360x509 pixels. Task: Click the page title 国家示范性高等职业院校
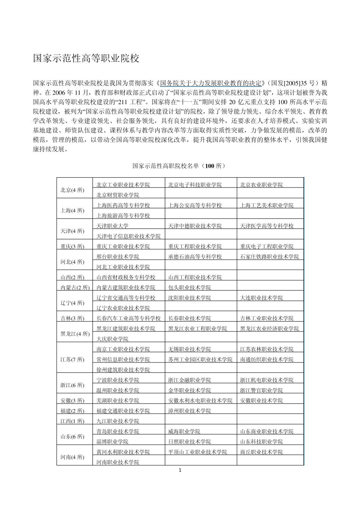click(86, 58)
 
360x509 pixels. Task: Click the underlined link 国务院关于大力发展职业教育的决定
click(211, 83)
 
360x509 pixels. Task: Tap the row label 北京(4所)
click(72, 190)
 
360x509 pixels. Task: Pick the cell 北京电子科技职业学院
click(195, 185)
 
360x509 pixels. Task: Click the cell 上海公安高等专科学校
click(195, 205)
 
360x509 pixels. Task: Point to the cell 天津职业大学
click(112, 226)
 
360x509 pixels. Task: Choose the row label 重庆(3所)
click(72, 247)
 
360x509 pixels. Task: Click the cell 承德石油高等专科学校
click(195, 257)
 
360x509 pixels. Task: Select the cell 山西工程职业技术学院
click(195, 277)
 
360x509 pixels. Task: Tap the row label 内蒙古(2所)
click(75, 287)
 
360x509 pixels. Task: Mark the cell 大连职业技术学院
click(261, 298)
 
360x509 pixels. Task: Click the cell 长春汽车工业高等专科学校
click(128, 319)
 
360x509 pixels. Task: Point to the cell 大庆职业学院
click(112, 339)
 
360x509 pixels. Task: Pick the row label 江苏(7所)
click(72, 359)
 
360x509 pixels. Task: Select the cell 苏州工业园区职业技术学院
click(200, 359)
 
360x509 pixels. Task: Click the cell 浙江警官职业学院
click(261, 390)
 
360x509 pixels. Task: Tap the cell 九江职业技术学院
click(117, 421)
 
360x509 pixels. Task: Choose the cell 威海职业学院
click(184, 431)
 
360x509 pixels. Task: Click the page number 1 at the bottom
click(180, 470)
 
